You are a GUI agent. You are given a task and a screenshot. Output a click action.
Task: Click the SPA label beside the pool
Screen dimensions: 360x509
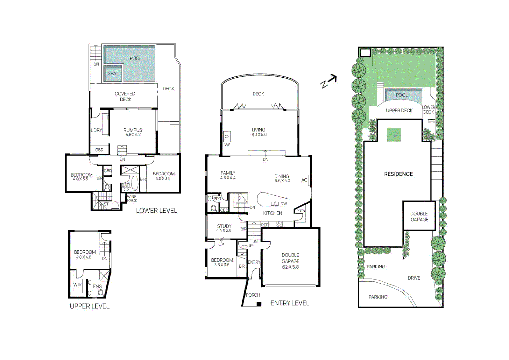pyautogui.click(x=112, y=74)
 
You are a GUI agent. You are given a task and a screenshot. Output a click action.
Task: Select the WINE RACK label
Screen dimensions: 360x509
pyautogui.click(x=132, y=199)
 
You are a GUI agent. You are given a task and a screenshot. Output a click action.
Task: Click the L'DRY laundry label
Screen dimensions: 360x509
pyautogui.click(x=96, y=130)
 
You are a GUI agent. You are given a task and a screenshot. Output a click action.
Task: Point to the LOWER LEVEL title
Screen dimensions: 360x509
pyautogui.click(x=156, y=211)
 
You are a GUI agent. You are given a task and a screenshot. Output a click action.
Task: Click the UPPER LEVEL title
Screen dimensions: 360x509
pyautogui.click(x=89, y=306)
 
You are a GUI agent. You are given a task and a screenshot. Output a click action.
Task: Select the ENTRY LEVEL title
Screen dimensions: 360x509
pyautogui.click(x=290, y=303)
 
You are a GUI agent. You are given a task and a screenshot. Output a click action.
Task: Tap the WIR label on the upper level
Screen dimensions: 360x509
pyautogui.click(x=77, y=285)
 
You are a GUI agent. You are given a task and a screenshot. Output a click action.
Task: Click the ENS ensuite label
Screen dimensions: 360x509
pyautogui.click(x=97, y=286)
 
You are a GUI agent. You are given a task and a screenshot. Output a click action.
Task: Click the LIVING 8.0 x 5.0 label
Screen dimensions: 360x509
pyautogui.click(x=259, y=132)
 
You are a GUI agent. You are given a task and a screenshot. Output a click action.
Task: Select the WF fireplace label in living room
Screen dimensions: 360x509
pyautogui.click(x=227, y=145)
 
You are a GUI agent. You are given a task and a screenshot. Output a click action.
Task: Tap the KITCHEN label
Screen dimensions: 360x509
pyautogui.click(x=272, y=213)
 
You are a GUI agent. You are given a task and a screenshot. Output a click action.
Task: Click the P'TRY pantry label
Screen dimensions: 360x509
pyautogui.click(x=301, y=211)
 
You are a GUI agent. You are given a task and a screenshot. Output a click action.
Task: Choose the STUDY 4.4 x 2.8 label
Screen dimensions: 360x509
pyautogui.click(x=224, y=228)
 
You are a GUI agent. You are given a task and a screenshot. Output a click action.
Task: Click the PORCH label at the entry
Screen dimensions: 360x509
pyautogui.click(x=253, y=295)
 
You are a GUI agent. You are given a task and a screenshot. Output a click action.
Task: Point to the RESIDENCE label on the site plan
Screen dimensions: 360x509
pyautogui.click(x=398, y=174)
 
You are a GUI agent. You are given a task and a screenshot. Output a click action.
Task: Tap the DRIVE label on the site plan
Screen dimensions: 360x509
pyautogui.click(x=414, y=278)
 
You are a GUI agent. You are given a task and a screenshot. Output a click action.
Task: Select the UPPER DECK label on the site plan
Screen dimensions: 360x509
pyautogui.click(x=399, y=111)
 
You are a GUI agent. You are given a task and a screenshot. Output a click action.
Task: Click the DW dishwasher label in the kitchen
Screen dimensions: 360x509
pyautogui.click(x=284, y=204)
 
